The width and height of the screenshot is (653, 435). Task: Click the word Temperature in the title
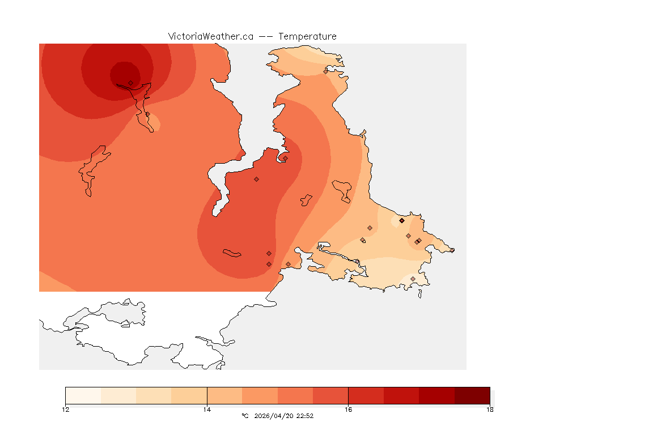307,36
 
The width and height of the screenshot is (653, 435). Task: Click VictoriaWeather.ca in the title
210,36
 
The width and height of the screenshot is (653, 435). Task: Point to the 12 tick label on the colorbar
65,410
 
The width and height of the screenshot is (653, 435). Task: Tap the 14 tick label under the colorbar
207,410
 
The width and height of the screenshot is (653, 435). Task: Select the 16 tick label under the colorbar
349,410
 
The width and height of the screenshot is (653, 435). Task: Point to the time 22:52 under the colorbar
305,416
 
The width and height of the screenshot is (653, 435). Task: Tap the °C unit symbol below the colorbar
245,416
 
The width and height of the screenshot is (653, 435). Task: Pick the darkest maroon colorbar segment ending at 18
472,395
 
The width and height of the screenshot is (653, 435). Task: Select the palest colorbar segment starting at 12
83,395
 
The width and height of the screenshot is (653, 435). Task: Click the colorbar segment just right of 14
224,395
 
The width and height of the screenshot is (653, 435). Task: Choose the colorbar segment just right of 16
366,395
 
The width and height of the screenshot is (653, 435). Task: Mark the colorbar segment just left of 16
330,395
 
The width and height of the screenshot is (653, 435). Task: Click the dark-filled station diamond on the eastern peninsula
401,220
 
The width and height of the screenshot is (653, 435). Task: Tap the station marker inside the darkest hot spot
130,83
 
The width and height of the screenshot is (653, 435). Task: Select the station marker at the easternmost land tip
452,250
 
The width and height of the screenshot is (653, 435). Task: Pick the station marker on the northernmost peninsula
325,71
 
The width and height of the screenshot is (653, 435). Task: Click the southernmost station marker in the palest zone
413,279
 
